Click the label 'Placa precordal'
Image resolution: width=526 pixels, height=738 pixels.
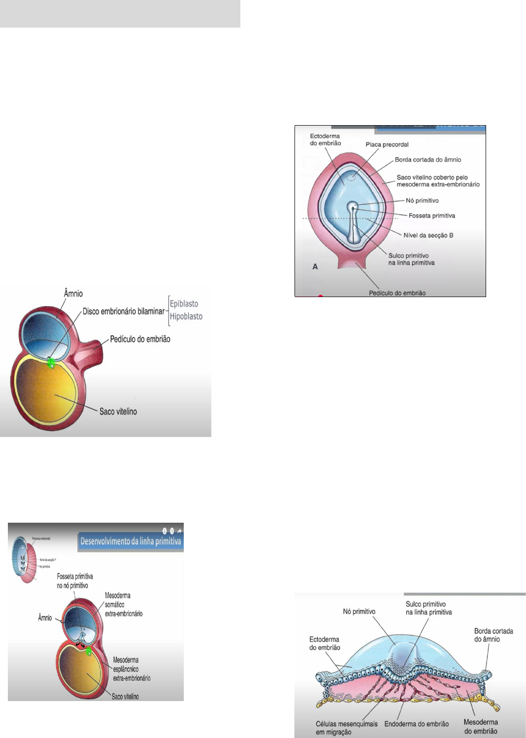pos(387,144)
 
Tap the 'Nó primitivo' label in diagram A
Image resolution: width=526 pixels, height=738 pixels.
pos(422,201)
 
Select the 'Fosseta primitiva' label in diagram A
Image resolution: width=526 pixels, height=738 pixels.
pos(431,216)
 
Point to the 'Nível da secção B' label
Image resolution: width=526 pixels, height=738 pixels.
pos(428,235)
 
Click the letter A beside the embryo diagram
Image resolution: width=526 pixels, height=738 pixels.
pos(315,267)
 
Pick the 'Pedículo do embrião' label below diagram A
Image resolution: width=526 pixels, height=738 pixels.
pos(397,293)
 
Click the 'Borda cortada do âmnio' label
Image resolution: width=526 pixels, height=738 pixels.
pos(427,160)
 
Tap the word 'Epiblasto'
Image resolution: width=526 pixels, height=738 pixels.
pos(184,303)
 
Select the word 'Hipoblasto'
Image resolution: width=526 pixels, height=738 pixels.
pos(186,316)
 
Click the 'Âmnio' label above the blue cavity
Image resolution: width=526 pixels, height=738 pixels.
pos(73,294)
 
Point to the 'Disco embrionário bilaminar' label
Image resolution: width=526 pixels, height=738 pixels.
pos(123,311)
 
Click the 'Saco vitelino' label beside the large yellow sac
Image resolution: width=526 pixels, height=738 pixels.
pos(118,411)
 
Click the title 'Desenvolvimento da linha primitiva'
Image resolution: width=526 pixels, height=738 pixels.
pos(131,541)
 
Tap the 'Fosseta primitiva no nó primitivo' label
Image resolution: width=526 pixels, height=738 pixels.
pos(75,581)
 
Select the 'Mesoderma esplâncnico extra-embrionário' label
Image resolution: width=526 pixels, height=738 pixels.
pos(131,669)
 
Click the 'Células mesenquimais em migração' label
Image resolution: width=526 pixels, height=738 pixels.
pos(347,728)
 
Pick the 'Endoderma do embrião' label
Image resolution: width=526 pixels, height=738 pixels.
pos(416,724)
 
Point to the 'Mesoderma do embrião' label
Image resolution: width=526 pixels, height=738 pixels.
pos(481,727)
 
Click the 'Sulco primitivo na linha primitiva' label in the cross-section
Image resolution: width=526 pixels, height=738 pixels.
pos(428,608)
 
